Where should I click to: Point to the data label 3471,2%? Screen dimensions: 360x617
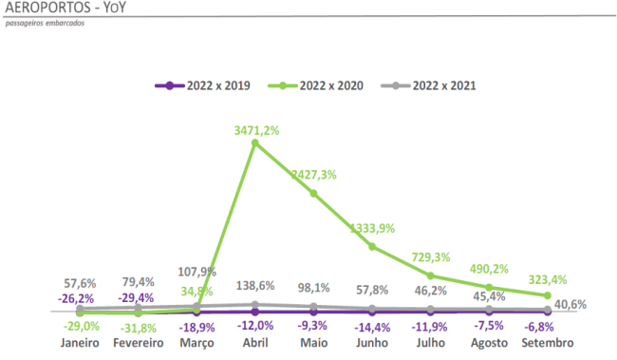coord(256,130)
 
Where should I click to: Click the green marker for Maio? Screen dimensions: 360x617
coord(313,193)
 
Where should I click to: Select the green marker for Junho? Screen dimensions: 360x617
coord(372,246)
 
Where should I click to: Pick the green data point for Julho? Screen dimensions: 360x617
coord(431,275)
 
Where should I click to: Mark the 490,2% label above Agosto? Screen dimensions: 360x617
coord(489,270)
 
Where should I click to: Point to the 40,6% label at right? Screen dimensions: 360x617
coord(571,305)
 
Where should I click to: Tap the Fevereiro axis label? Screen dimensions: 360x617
coord(137,341)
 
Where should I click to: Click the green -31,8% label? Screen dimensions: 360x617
coord(139,327)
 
